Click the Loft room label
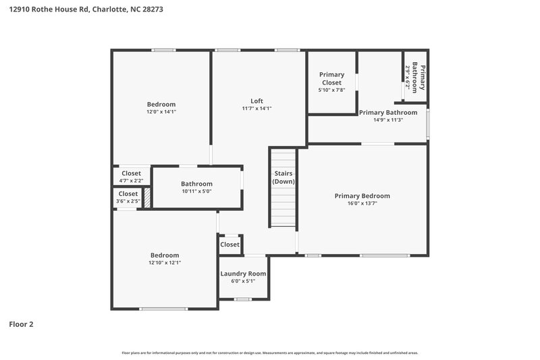point(256,101)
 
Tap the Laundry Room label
point(243,274)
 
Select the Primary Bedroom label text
point(362,196)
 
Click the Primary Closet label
point(331,78)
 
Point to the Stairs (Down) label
point(283,178)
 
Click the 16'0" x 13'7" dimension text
point(362,203)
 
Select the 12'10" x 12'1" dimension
point(165,263)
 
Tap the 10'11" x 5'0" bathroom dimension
point(196,191)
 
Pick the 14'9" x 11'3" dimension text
point(388,120)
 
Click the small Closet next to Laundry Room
point(230,245)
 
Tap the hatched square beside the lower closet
point(146,198)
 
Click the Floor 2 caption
point(21,324)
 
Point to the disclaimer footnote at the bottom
point(270,353)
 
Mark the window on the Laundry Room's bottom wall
point(243,299)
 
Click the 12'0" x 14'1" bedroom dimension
point(161,112)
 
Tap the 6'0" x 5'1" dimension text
point(243,281)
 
